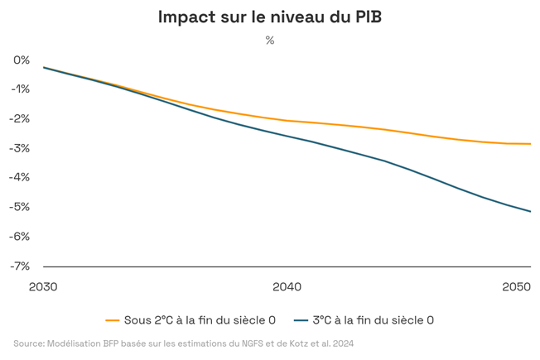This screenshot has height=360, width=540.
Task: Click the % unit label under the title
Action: [x=270, y=40]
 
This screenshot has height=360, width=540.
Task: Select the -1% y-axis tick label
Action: [x=20, y=89]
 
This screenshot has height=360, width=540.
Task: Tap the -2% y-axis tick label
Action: [x=20, y=118]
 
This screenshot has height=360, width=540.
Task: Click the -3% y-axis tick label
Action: [x=20, y=148]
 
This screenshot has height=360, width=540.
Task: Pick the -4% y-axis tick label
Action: [x=20, y=177]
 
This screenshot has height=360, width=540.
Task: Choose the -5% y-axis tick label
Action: [x=20, y=207]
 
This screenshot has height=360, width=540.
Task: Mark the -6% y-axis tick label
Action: [x=20, y=236]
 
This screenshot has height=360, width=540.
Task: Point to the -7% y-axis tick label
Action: [x=20, y=266]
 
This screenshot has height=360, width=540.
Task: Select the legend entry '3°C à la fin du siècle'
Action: [x=373, y=319]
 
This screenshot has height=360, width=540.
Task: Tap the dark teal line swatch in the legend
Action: [x=300, y=319]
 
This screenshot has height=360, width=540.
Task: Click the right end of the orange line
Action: [x=530, y=144]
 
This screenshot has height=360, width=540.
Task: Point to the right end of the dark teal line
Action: [x=530, y=211]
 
